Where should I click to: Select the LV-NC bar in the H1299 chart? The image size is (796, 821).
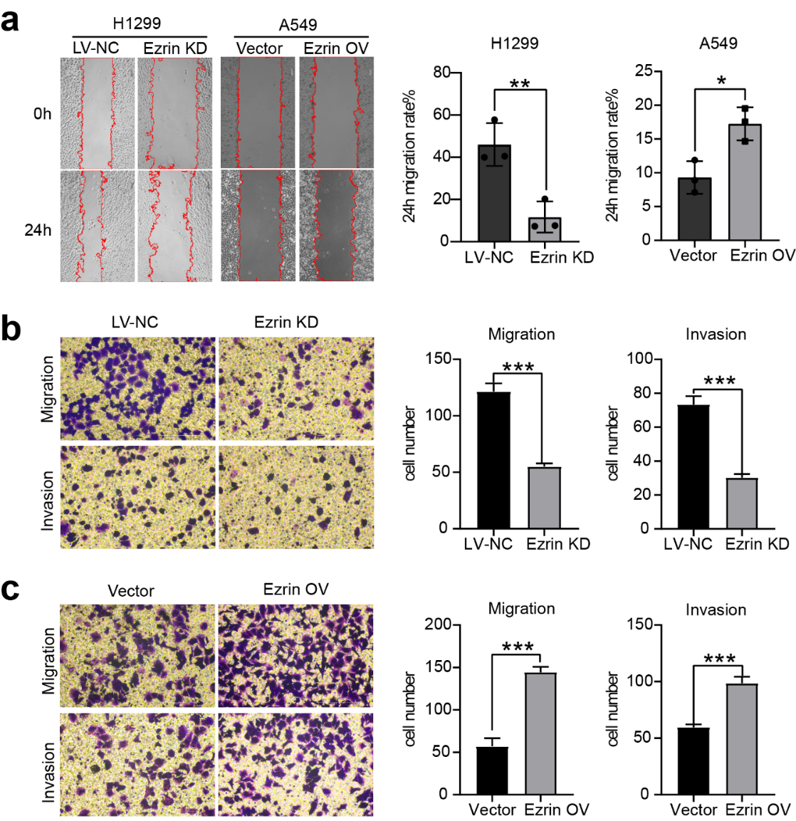[495, 193]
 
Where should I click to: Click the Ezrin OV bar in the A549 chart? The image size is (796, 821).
[745, 182]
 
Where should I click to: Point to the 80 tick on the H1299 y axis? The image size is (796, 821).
[442, 73]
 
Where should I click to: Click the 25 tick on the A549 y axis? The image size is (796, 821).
[644, 71]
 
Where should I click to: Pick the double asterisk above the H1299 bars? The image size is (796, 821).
[520, 84]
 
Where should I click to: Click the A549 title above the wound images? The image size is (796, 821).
[298, 25]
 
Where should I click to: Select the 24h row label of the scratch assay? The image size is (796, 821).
[38, 231]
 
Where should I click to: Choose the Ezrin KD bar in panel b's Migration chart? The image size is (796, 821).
[545, 498]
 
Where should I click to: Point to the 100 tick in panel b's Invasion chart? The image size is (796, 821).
[640, 359]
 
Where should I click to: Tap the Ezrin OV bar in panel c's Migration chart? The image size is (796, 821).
[540, 733]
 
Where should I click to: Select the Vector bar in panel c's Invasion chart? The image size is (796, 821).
[693, 760]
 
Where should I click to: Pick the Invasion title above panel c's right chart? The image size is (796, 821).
[716, 610]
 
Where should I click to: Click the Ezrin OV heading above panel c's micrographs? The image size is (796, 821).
[295, 590]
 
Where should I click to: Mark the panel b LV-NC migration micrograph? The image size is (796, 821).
[137, 388]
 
